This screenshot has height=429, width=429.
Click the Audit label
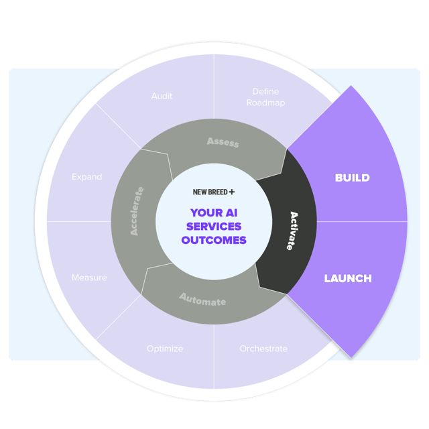click(x=162, y=96)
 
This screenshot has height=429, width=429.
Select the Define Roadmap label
click(x=265, y=97)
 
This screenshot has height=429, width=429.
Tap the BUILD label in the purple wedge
click(x=353, y=178)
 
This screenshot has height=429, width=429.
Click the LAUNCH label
click(x=348, y=278)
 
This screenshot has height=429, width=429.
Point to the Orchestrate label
click(x=263, y=349)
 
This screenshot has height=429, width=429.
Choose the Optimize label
click(x=165, y=349)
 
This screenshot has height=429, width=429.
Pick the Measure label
click(x=89, y=278)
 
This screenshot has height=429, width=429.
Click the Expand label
click(x=87, y=177)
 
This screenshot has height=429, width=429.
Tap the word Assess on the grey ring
click(x=223, y=142)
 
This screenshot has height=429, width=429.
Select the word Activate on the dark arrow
click(x=294, y=231)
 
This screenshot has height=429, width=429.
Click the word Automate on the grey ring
click(x=203, y=300)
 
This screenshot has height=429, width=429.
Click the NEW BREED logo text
click(x=210, y=192)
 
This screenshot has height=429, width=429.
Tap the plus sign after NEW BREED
click(x=232, y=192)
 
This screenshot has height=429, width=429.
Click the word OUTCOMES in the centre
click(x=214, y=240)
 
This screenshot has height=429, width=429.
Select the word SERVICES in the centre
click(x=214, y=227)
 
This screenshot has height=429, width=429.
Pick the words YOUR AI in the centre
click(x=214, y=213)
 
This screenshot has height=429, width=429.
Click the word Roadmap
click(x=265, y=103)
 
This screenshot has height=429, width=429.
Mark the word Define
click(x=265, y=91)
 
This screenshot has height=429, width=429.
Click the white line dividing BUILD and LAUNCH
click(x=362, y=221)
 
